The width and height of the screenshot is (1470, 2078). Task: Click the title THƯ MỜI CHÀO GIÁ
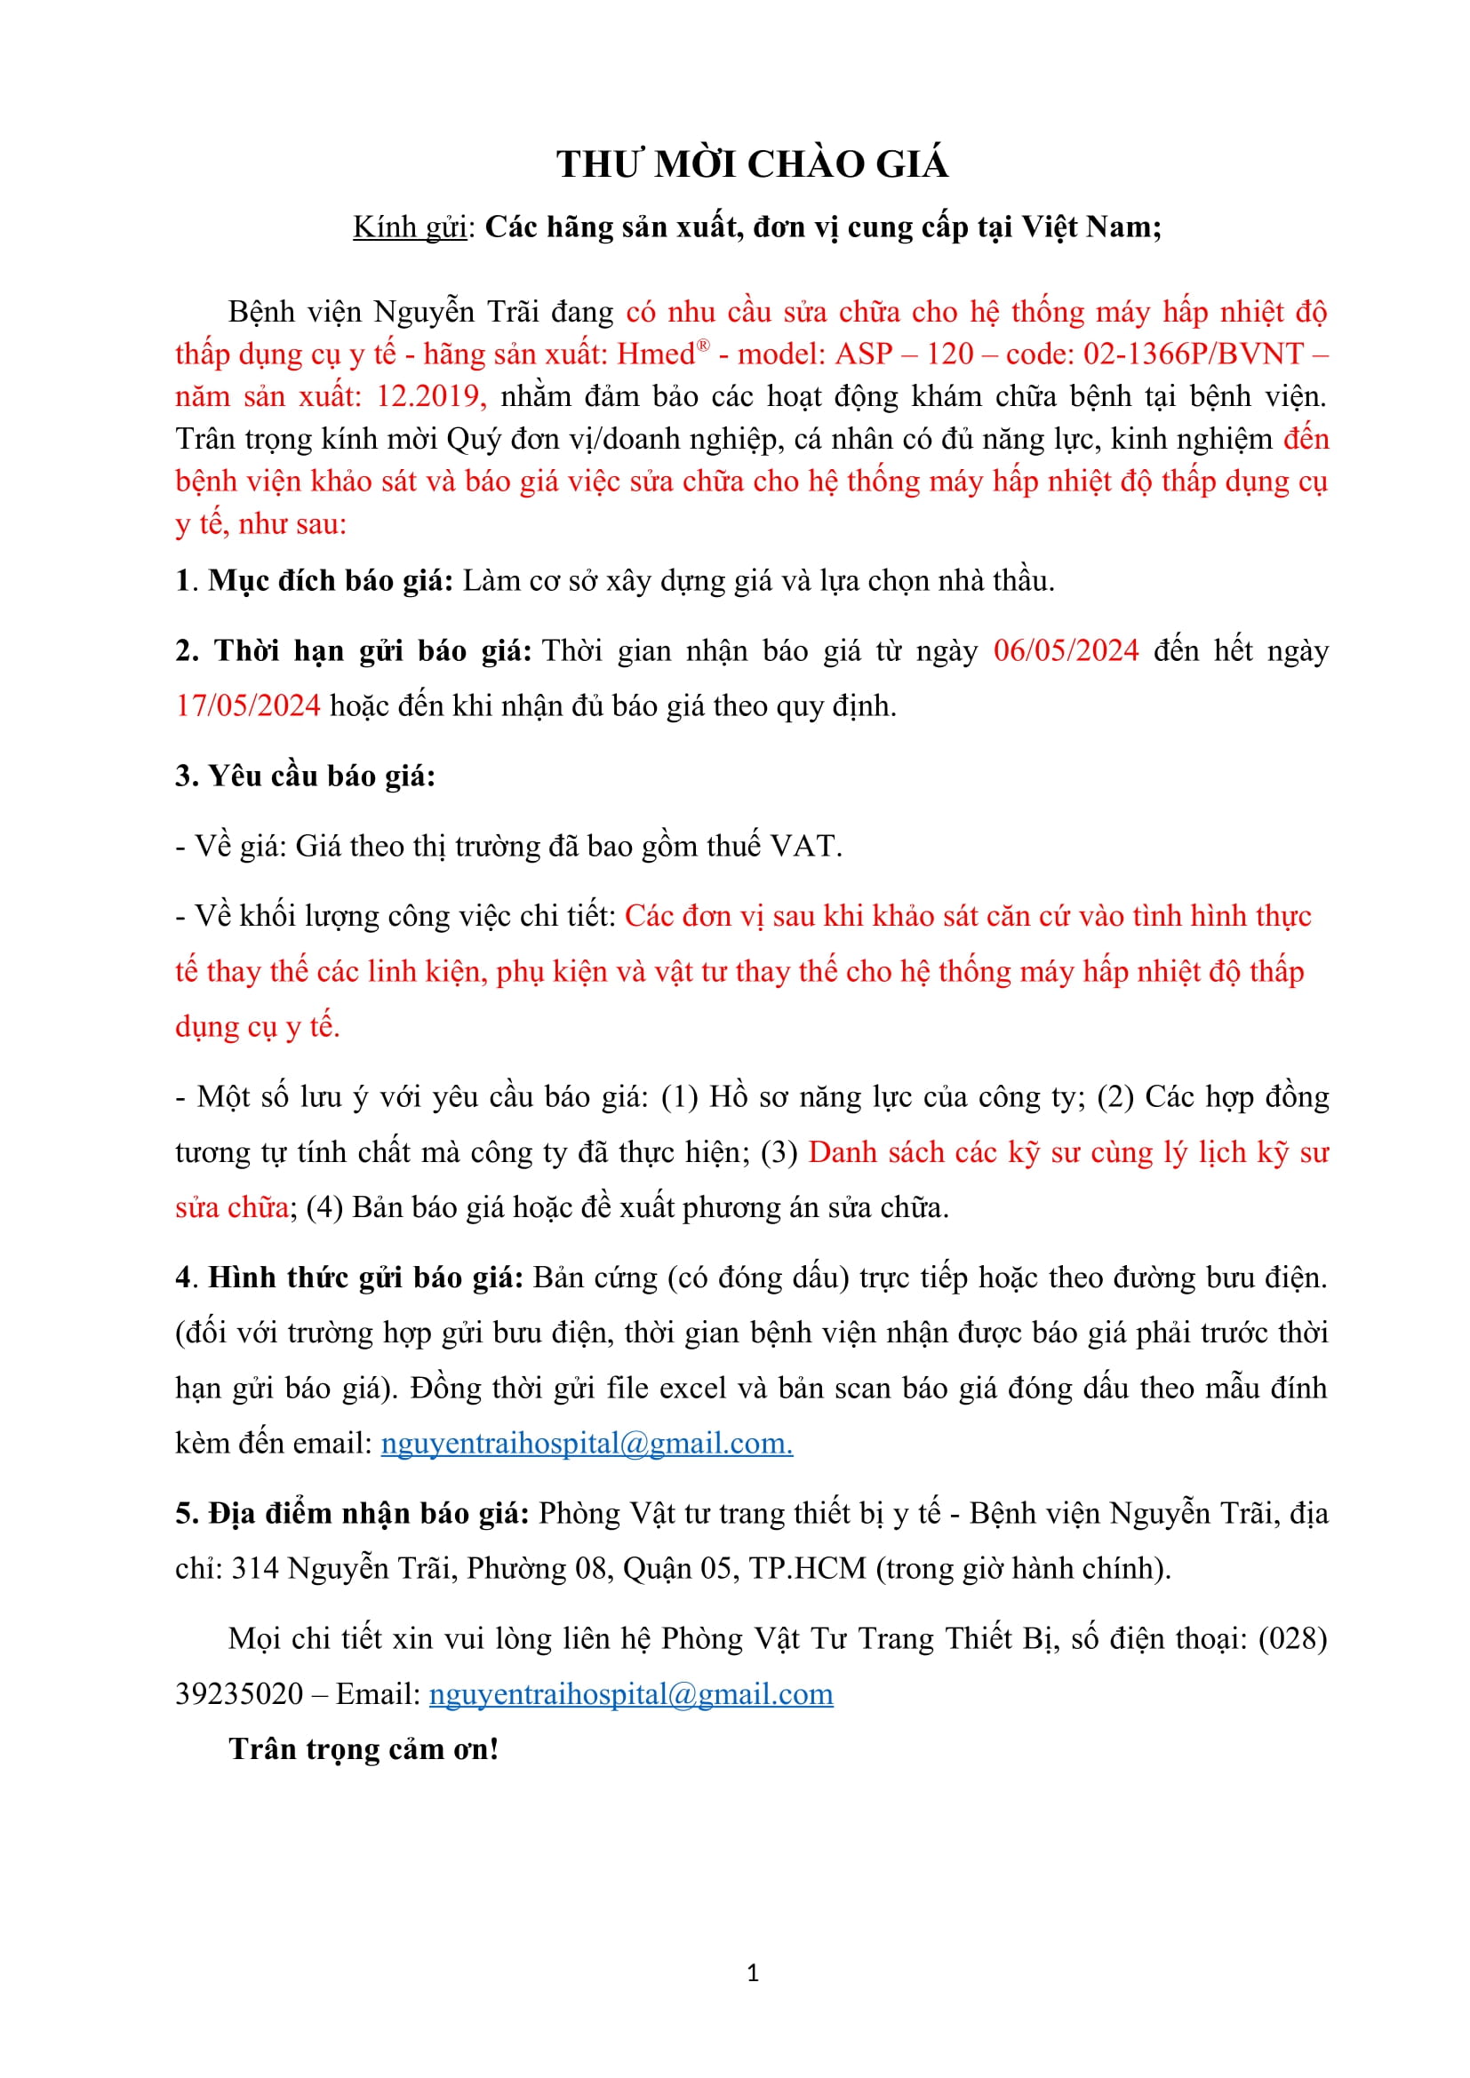click(752, 164)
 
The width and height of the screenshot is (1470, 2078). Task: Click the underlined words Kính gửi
click(409, 227)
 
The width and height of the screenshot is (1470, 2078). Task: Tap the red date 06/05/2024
click(1066, 650)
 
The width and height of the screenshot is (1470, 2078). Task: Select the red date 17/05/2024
click(248, 706)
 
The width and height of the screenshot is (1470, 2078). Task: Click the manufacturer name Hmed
click(656, 354)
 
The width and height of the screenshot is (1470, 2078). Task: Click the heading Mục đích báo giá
click(331, 581)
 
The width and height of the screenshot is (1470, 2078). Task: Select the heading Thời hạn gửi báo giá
click(353, 650)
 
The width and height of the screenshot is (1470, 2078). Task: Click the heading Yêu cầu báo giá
click(305, 776)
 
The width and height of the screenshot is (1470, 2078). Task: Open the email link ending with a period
click(587, 1443)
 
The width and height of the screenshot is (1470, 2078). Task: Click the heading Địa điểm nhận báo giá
click(352, 1513)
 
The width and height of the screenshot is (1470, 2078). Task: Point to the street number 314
click(255, 1568)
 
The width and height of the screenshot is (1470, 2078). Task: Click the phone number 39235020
click(239, 1694)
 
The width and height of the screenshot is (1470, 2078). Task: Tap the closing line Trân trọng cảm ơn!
click(363, 1749)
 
